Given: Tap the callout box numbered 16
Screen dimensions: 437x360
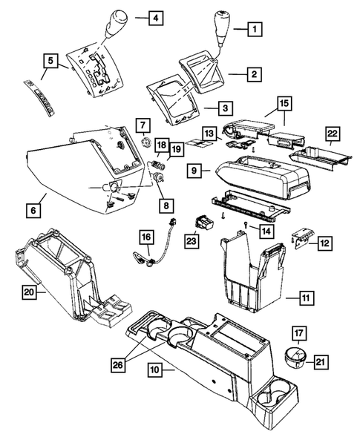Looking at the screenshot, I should (x=146, y=237).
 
